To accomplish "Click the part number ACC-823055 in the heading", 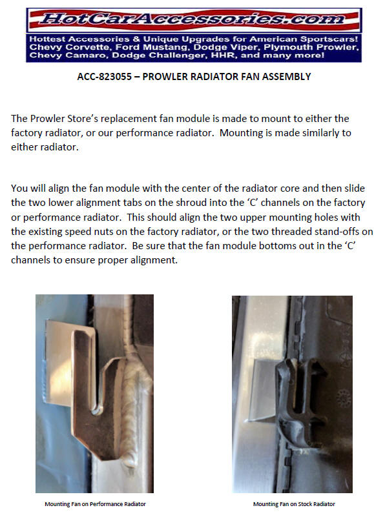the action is pos(104,77).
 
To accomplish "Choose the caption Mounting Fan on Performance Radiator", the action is pos(95,504).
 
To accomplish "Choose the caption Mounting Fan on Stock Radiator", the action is pos(294,504).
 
